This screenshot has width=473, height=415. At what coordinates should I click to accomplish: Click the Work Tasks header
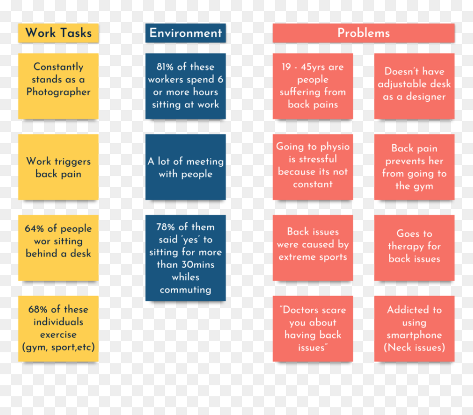click(x=58, y=33)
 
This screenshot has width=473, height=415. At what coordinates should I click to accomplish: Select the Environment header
click(x=185, y=33)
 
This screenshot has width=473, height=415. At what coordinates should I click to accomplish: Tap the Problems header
click(x=364, y=33)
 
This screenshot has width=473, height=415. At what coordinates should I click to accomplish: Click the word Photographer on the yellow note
click(x=58, y=92)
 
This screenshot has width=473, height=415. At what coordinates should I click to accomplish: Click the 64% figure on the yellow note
click(x=34, y=228)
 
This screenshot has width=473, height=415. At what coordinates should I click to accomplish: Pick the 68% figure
click(x=38, y=309)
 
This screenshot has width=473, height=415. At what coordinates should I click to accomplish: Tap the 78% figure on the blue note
click(x=166, y=227)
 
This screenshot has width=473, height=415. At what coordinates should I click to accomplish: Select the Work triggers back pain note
click(x=58, y=167)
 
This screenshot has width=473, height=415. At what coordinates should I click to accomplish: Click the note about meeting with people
click(x=185, y=167)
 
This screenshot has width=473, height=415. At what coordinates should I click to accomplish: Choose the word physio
click(x=335, y=147)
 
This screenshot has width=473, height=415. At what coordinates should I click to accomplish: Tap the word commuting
click(x=185, y=290)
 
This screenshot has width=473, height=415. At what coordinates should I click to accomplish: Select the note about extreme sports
click(x=313, y=248)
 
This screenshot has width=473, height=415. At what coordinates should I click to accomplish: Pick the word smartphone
click(x=414, y=335)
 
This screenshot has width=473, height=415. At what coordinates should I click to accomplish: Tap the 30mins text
click(x=195, y=265)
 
